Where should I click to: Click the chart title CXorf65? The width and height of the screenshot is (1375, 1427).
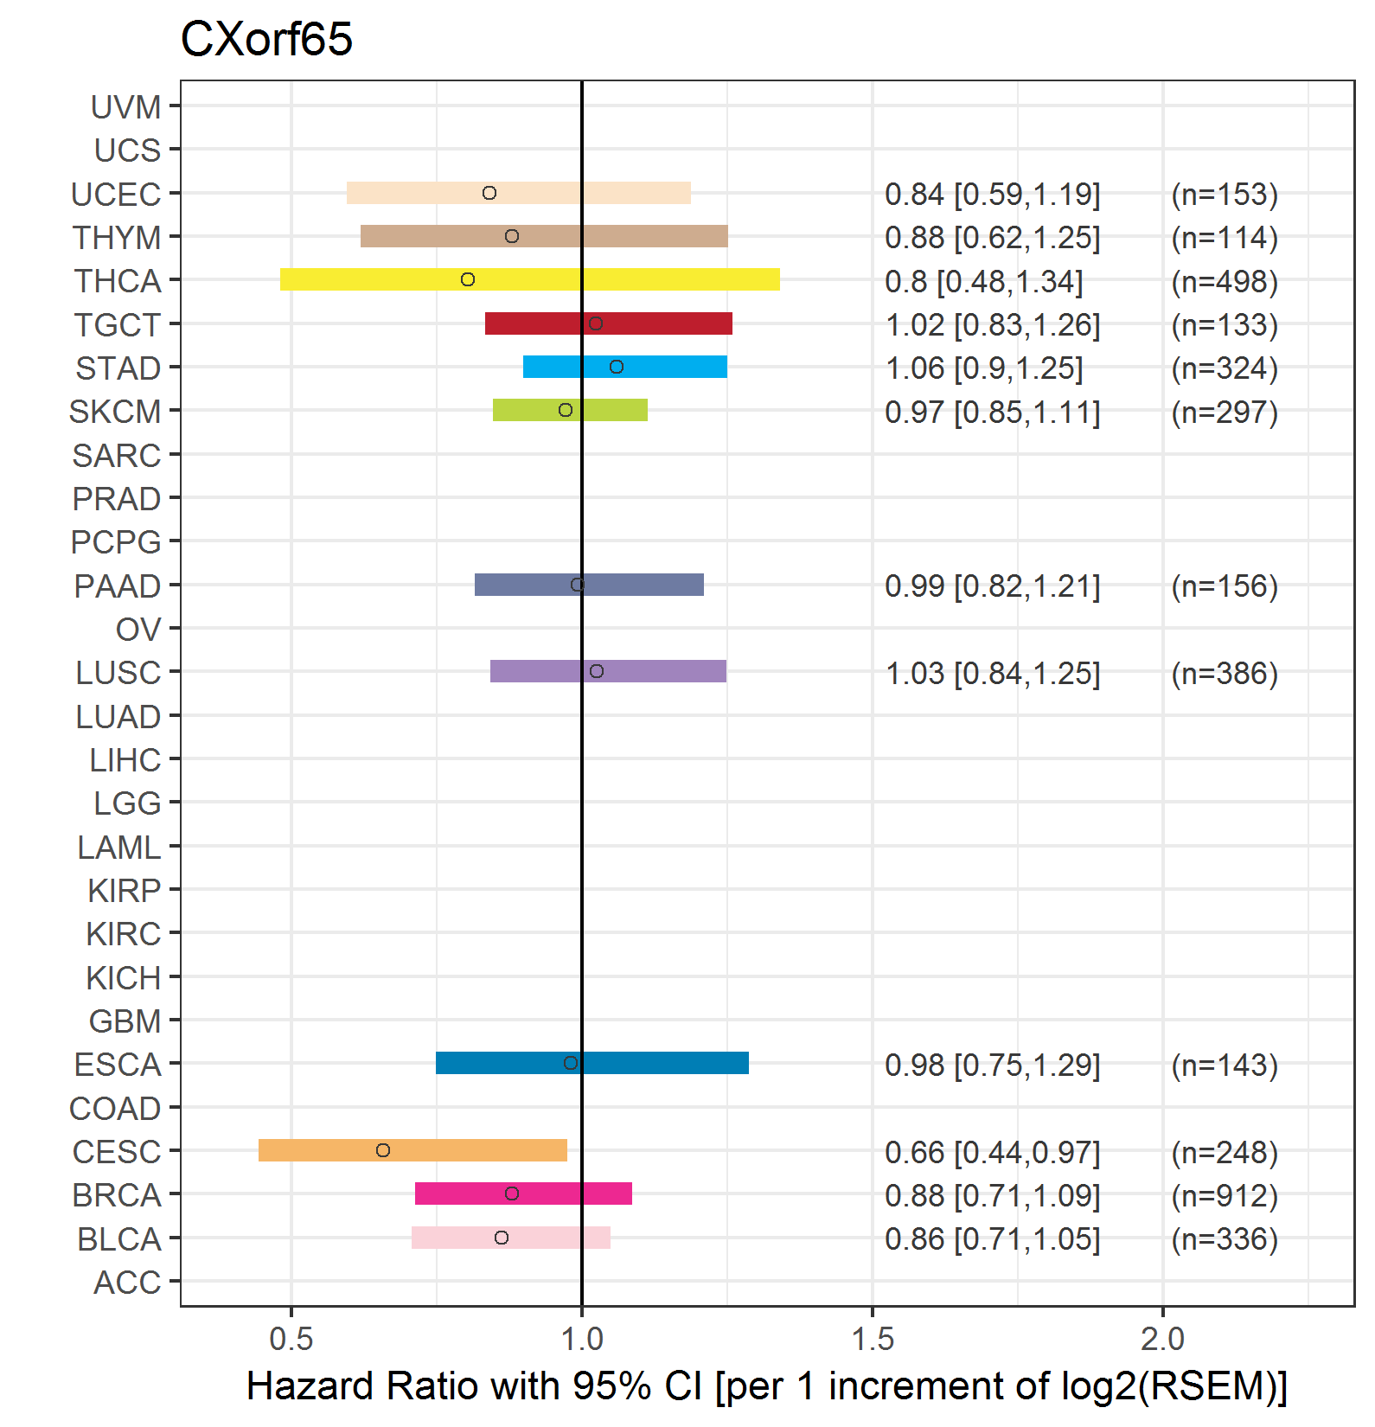tap(266, 40)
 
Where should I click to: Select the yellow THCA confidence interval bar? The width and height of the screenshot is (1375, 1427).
tap(530, 279)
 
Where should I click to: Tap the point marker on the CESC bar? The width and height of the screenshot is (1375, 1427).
tap(383, 1150)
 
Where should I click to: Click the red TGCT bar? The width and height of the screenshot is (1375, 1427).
tap(609, 323)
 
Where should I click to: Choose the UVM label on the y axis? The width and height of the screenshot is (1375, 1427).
tap(126, 107)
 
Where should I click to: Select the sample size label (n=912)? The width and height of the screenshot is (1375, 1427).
tap(1225, 1196)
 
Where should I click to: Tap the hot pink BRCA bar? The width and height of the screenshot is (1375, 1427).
tap(523, 1193)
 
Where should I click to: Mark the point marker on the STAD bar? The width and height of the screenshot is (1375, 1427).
tap(617, 367)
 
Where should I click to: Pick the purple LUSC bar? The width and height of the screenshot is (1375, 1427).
tap(608, 671)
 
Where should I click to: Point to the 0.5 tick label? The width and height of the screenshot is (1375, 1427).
tap(291, 1339)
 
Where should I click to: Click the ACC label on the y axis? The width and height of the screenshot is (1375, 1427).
tap(128, 1283)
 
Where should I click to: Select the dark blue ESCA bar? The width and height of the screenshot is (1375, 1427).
tap(592, 1063)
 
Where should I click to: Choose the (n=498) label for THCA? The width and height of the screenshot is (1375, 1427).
tap(1225, 282)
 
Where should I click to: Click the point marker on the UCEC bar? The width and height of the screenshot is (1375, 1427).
tap(489, 193)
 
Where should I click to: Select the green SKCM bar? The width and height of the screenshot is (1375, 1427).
tap(570, 410)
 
